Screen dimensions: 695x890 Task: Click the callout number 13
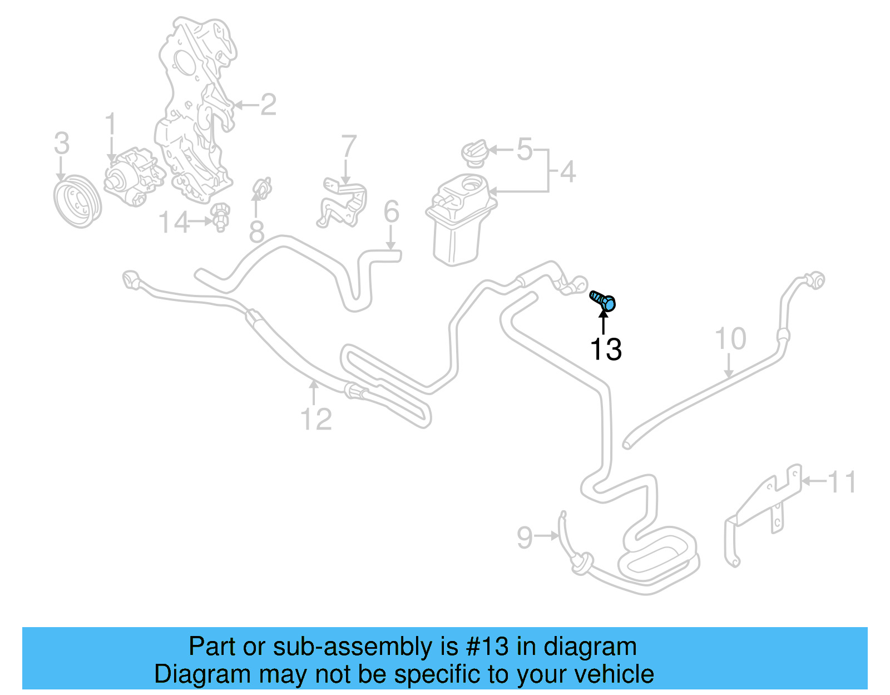pyautogui.click(x=605, y=349)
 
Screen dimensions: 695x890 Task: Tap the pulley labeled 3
pyautogui.click(x=77, y=202)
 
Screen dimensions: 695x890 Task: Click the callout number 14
pyautogui.click(x=174, y=223)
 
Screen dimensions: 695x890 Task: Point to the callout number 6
pyautogui.click(x=392, y=212)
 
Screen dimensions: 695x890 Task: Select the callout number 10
pyautogui.click(x=730, y=339)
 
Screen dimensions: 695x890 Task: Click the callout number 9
pyautogui.click(x=525, y=537)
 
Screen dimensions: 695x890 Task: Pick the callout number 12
pyautogui.click(x=316, y=419)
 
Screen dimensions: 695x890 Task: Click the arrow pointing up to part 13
pyautogui.click(x=603, y=322)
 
